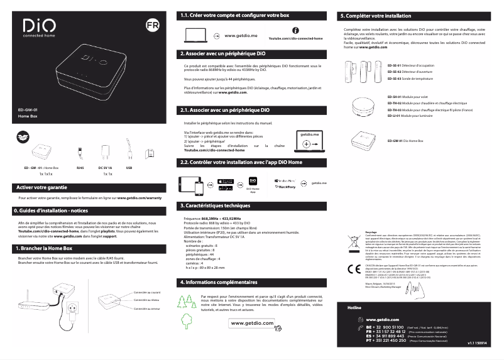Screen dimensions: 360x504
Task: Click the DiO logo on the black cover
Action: [38, 26]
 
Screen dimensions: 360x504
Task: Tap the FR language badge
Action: [151, 26]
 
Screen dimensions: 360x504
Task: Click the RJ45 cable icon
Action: [80, 153]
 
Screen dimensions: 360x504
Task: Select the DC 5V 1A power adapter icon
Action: [104, 153]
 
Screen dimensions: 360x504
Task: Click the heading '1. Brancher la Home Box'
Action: [45, 249]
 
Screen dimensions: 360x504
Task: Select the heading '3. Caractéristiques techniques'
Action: [215, 205]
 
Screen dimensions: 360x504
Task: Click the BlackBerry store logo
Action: [286, 187]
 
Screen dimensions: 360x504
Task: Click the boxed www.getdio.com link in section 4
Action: [253, 323]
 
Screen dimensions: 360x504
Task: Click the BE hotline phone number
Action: [389, 327]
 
